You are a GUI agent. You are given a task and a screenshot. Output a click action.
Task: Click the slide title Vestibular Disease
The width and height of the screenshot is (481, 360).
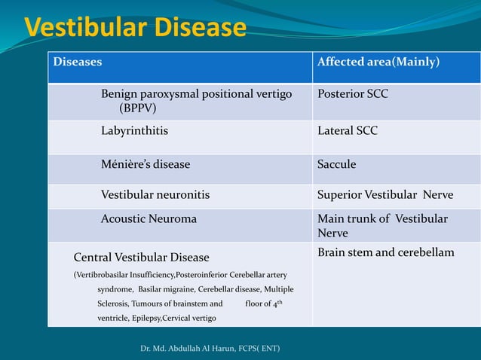[x=136, y=28]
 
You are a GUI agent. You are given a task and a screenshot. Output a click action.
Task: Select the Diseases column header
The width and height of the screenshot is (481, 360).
[x=78, y=62]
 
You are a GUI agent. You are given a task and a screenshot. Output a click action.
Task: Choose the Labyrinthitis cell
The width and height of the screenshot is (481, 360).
[x=135, y=131]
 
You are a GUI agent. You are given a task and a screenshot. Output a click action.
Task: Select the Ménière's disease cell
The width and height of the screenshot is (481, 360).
[x=146, y=164]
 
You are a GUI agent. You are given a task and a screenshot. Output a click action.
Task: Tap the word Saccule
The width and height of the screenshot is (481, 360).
[x=337, y=164]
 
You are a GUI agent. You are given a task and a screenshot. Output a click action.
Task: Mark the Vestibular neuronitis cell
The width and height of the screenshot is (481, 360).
[x=155, y=195]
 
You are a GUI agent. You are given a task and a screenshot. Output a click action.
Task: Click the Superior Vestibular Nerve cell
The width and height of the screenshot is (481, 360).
[x=385, y=195]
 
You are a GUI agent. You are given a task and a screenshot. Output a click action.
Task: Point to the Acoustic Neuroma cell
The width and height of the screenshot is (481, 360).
[x=149, y=219]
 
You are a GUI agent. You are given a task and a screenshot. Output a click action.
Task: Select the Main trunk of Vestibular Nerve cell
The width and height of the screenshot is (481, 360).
[x=382, y=226]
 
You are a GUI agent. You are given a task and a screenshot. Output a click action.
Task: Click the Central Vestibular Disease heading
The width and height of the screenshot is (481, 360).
[x=141, y=258]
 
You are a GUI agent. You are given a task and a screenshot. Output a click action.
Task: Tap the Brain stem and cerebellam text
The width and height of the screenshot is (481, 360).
[x=386, y=252]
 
